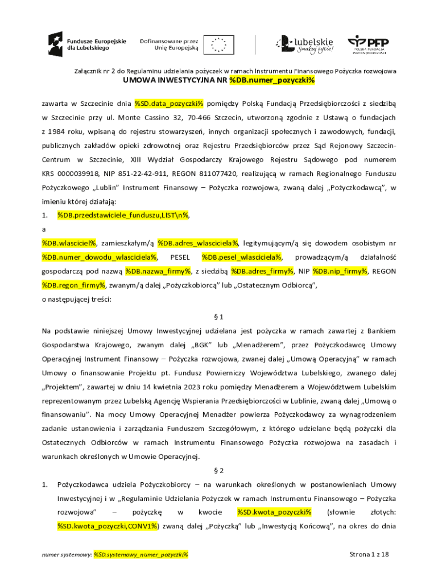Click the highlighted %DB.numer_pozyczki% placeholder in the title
pos(272,80)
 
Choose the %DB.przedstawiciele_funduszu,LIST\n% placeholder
pos(123,215)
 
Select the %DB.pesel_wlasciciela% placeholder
pos(242,257)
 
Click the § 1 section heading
pos(219,316)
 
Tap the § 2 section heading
pos(219,471)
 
